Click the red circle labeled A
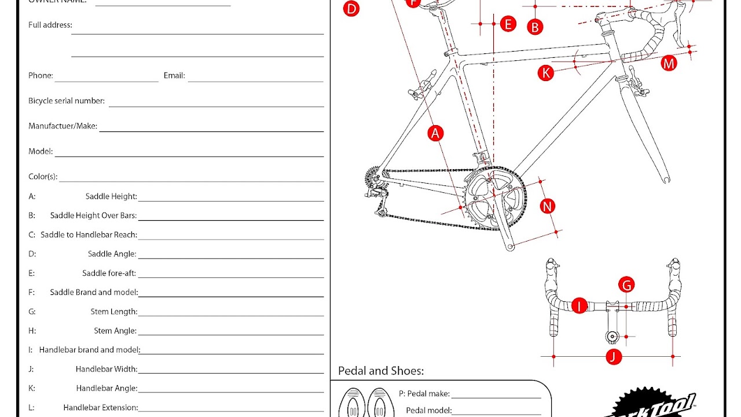(x=435, y=133)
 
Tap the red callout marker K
(x=545, y=72)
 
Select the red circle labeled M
(x=669, y=63)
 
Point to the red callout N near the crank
(x=547, y=206)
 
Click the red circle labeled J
(x=614, y=357)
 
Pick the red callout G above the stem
(x=626, y=285)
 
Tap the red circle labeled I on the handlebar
(x=579, y=306)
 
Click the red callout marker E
(x=508, y=24)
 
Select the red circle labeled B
(x=535, y=27)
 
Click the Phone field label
(x=41, y=75)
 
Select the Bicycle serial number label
(x=67, y=101)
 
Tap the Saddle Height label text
(x=111, y=196)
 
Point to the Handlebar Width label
(x=107, y=369)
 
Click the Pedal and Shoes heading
(x=381, y=371)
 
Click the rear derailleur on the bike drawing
(x=375, y=191)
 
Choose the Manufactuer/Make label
(x=63, y=126)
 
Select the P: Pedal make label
(x=424, y=394)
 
